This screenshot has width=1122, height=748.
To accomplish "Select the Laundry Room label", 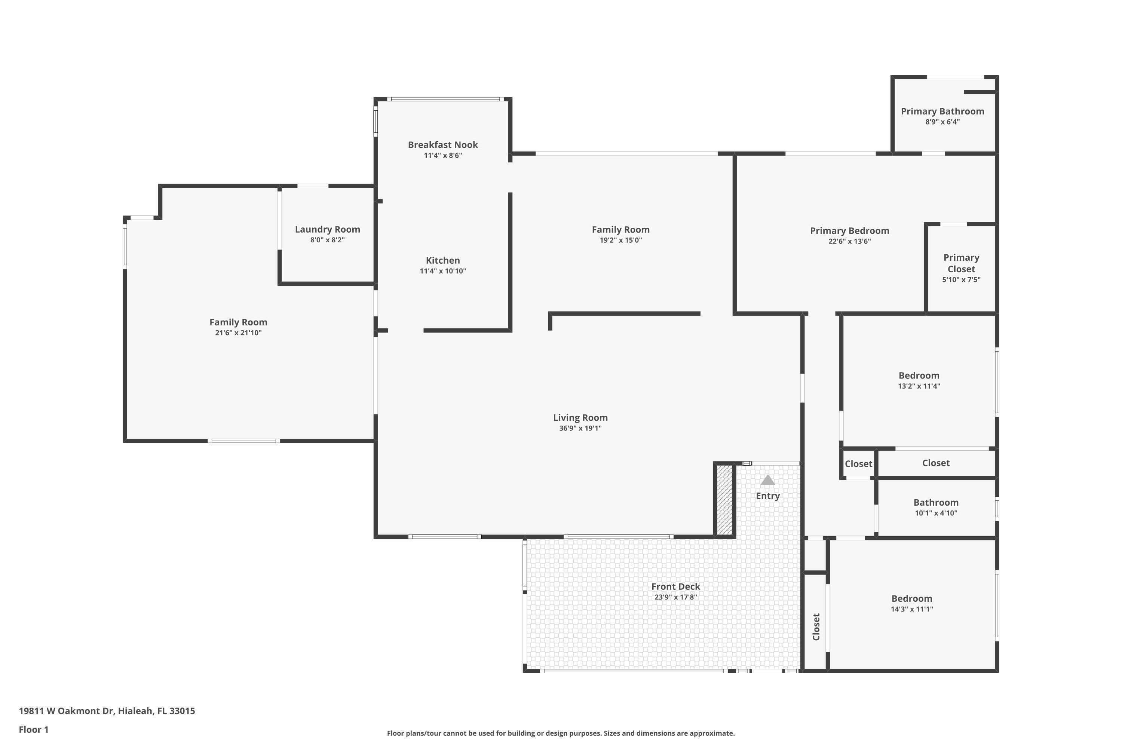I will (327, 230).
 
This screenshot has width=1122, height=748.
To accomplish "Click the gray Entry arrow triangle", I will (767, 480).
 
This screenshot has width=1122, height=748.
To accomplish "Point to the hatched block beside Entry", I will (724, 499).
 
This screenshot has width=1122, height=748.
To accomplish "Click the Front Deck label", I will (675, 586).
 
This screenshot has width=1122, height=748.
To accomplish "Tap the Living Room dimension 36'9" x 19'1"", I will (580, 428).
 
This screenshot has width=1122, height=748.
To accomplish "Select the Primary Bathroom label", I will (942, 111).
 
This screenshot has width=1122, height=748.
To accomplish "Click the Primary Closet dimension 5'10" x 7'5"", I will (961, 279).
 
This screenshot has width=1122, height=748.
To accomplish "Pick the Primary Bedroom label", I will (849, 231).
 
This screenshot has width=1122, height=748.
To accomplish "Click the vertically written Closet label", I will (816, 627).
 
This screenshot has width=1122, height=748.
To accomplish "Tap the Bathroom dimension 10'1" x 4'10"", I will (935, 513).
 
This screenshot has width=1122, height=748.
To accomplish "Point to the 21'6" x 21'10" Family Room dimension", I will (238, 332).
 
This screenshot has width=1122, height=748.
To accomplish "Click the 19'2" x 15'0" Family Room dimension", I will (620, 240).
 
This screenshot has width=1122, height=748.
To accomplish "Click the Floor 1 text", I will (33, 729).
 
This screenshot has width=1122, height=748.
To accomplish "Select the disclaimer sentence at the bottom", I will (561, 733).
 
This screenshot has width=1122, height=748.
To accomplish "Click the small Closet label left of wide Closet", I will (858, 464).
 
